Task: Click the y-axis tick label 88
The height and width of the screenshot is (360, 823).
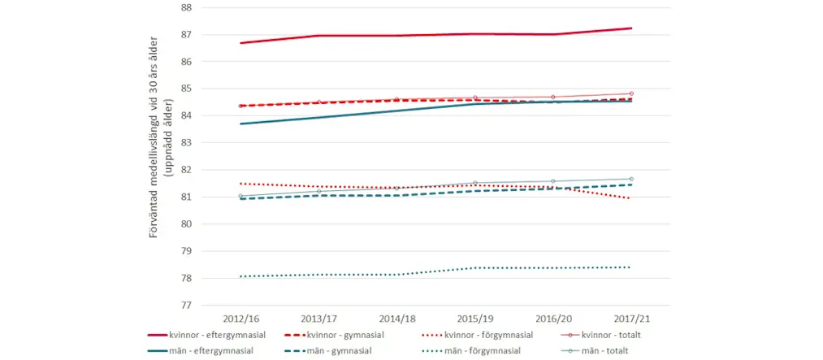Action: coord(186,7)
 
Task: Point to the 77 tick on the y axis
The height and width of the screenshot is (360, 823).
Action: coord(186,306)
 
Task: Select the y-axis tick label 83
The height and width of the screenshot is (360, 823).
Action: coord(186,143)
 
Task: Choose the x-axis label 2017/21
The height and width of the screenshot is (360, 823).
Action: coord(631,318)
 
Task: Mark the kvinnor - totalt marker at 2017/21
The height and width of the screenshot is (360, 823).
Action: coord(631,93)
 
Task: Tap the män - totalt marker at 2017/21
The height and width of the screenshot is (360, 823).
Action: coord(631,179)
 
